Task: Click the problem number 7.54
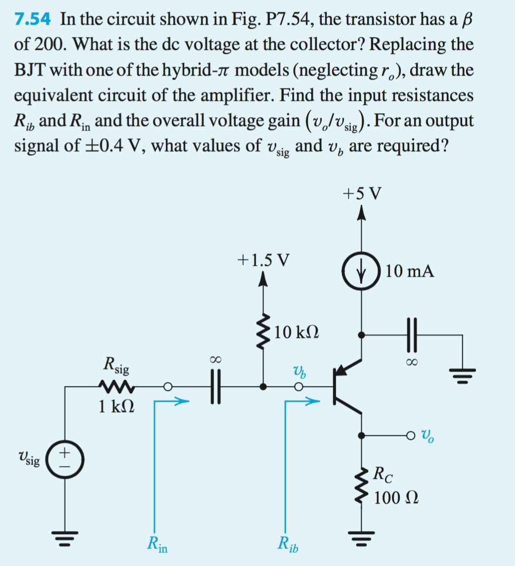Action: tap(33, 20)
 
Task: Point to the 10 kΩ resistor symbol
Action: tap(263, 329)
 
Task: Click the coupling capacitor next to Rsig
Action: tap(214, 387)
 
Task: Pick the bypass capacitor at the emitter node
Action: tap(411, 335)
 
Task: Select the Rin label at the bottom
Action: tap(158, 546)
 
